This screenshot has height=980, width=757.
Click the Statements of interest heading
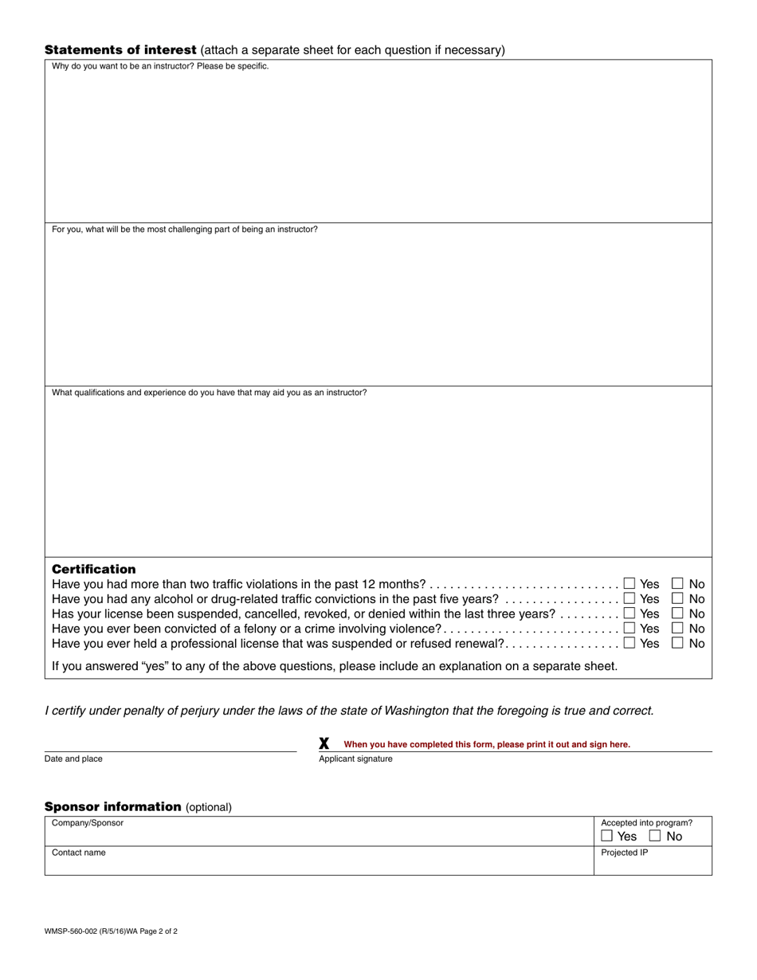[x=120, y=50]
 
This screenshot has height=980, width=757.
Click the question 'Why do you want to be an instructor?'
[x=160, y=66]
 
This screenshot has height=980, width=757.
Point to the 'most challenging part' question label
[x=184, y=229]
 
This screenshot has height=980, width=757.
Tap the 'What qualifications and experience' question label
[x=209, y=393]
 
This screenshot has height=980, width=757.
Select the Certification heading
[x=93, y=569]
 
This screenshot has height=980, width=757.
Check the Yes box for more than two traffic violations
[x=630, y=584]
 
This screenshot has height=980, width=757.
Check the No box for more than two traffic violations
[x=677, y=584]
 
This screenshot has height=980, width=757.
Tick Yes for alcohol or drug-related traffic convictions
[x=630, y=598]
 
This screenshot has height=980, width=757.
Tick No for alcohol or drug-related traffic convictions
[x=677, y=598]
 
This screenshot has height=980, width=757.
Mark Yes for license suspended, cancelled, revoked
[x=630, y=613]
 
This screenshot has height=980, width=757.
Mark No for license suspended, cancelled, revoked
[x=677, y=613]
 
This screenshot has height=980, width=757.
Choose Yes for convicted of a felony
[x=630, y=629]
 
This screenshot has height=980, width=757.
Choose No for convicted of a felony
[x=677, y=629]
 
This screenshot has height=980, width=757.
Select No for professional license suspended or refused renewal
[x=677, y=643]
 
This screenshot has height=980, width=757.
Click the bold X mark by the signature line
[x=324, y=743]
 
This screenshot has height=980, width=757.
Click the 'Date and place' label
[x=73, y=759]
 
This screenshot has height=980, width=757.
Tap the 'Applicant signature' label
[x=355, y=759]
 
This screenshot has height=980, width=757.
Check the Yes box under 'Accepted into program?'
[x=607, y=837]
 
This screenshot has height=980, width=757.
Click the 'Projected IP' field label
[x=624, y=853]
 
